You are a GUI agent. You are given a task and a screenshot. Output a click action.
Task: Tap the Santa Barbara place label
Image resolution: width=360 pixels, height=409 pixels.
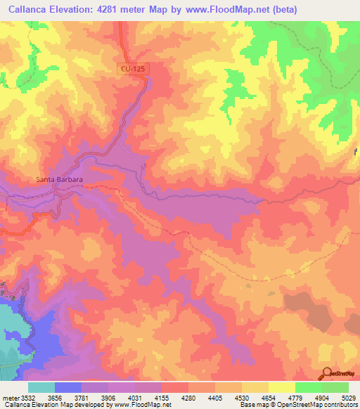[x=60, y=180]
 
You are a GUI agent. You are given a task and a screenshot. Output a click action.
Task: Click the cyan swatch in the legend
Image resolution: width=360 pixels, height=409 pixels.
[x=41, y=387]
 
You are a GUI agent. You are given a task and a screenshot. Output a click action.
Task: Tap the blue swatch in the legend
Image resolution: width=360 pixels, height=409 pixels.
[x=67, y=387]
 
